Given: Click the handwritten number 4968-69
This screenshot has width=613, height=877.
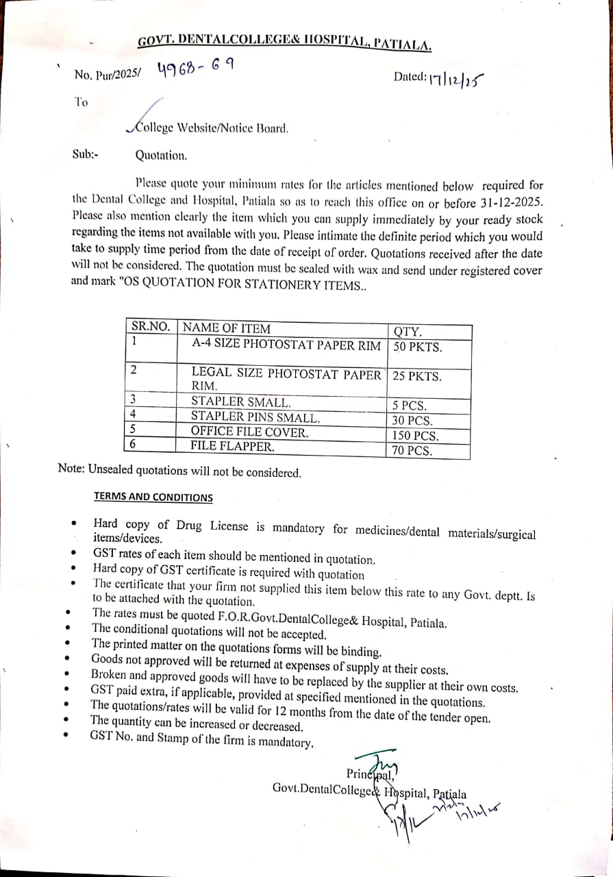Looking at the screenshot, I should point(195,69).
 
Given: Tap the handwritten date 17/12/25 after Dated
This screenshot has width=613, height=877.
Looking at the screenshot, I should point(458,81).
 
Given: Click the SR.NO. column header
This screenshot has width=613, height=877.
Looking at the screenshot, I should point(150,328).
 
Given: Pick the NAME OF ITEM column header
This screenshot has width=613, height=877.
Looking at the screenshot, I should point(227,328).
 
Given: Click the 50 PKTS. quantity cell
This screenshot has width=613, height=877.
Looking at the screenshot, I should point(417,347).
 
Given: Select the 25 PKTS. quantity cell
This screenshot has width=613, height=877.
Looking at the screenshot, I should point(417,377).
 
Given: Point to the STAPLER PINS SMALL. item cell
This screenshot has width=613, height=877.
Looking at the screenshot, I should point(255,417).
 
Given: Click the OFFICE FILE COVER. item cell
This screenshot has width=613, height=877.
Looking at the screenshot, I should point(249,432).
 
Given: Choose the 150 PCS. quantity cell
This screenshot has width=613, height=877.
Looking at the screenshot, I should point(416,436).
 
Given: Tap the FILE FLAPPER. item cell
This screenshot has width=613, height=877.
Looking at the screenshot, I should point(232,447).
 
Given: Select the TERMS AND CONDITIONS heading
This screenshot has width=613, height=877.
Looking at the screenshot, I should point(153,497).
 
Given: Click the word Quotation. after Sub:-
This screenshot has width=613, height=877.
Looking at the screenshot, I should point(161,156).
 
